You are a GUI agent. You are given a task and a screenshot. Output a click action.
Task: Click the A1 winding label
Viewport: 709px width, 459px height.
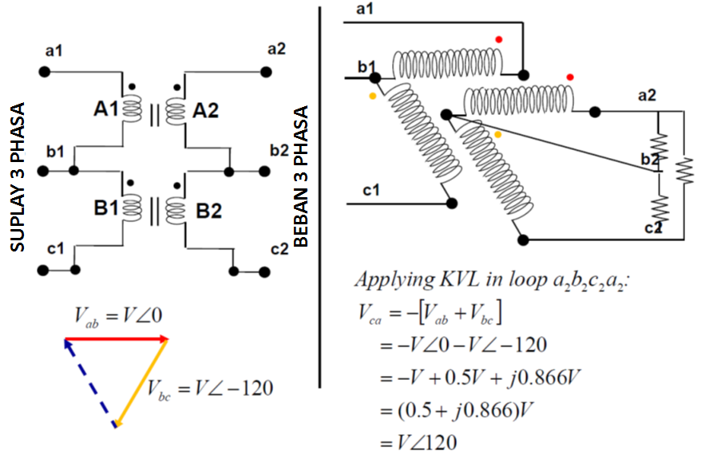pos(106,109)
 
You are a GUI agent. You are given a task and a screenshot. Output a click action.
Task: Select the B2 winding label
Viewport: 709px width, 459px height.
pos(208,211)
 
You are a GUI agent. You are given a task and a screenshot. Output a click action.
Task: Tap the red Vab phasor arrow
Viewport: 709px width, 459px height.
pos(117,338)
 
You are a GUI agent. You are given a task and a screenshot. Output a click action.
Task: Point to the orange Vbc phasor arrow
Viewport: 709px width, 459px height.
pos(141,382)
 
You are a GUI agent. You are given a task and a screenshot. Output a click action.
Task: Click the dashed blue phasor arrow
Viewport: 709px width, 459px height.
pos(90,383)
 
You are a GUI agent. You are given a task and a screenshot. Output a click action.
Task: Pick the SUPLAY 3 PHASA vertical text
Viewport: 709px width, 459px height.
pos(18,177)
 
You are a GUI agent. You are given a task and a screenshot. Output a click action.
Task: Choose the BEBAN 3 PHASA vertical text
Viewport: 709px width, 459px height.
pos(301,176)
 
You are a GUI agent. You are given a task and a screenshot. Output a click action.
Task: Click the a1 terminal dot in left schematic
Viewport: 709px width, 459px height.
pos(45,72)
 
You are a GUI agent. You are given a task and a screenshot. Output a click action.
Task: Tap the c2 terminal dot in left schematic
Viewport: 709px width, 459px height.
pos(264,271)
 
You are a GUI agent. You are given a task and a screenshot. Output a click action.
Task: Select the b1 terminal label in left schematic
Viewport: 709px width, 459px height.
pos(55,152)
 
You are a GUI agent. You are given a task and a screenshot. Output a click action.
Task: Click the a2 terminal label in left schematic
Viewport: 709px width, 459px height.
pos(277,49)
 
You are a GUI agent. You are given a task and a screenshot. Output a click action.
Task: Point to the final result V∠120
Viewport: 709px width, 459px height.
pos(418,442)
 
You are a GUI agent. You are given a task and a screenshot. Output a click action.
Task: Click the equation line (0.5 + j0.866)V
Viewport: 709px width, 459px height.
pos(457,410)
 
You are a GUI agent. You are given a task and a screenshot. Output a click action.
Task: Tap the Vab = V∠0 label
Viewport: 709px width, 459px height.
pos(118,315)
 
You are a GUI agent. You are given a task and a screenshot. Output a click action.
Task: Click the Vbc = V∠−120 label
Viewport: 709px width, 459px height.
pos(210,389)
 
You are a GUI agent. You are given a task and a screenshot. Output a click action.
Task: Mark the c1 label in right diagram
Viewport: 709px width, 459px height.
pos(371,190)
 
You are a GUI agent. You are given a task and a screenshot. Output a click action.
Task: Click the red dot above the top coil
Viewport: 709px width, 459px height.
pos(499,39)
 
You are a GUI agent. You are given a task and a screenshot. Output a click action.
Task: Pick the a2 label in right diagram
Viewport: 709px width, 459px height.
pos(647,95)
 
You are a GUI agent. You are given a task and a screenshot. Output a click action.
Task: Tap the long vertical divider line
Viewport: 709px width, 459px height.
pos(319,197)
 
